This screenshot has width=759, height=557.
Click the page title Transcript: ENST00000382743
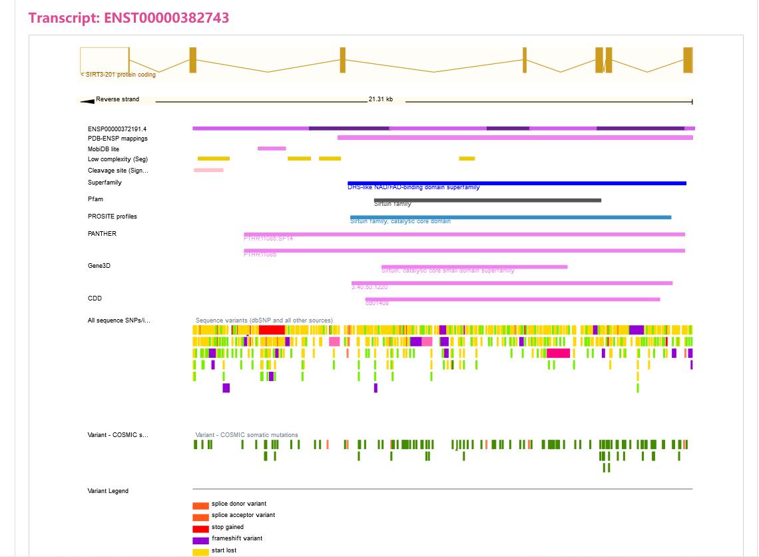click(x=128, y=18)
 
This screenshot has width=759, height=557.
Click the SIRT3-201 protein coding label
click(x=119, y=75)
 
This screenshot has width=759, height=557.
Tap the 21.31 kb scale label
click(x=380, y=100)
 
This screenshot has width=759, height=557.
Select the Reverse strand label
click(x=117, y=99)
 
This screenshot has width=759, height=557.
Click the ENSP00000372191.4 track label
click(x=117, y=129)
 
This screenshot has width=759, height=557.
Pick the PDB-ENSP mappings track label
click(x=118, y=139)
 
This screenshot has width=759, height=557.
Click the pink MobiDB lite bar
click(x=272, y=149)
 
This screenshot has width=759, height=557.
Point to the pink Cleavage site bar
click(x=208, y=170)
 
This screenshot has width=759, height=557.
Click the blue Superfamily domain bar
click(x=517, y=183)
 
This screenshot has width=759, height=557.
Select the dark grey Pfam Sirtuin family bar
click(x=487, y=200)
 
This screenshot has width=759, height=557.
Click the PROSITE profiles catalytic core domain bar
click(x=511, y=217)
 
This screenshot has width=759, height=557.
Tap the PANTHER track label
click(x=102, y=234)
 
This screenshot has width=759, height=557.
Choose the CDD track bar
click(x=513, y=299)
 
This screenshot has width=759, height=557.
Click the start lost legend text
click(x=224, y=550)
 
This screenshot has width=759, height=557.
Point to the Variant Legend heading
click(x=108, y=491)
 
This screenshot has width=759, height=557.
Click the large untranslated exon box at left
click(x=105, y=60)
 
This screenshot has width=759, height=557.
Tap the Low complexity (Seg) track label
click(x=118, y=159)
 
